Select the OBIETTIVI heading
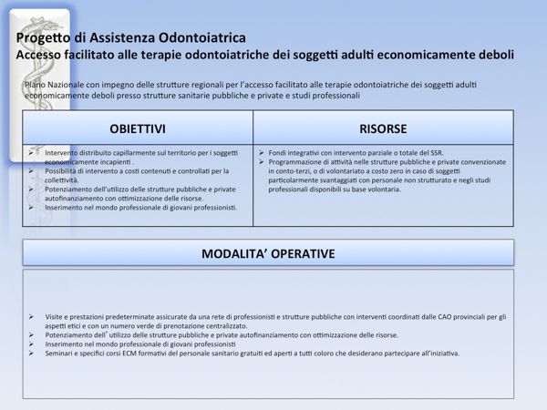tap(137, 128)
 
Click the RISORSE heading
tap(383, 128)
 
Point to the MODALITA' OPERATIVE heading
tap(268, 252)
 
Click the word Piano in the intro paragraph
tap(36, 84)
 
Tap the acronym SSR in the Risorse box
tap(434, 152)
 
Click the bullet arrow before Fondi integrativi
tap(262, 152)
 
